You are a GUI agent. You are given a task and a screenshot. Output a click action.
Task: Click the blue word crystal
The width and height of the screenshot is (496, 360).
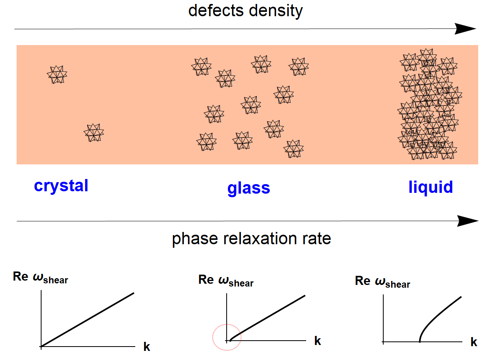coord(61,185)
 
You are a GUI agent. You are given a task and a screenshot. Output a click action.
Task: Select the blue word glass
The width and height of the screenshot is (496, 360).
coord(248,188)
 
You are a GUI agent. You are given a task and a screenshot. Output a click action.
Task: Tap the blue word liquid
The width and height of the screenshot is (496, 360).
coord(430,187)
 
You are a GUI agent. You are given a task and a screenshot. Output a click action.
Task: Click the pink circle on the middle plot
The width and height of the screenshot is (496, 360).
coord(227,337)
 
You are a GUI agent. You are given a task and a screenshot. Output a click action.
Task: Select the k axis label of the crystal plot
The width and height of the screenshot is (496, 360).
coord(147,347)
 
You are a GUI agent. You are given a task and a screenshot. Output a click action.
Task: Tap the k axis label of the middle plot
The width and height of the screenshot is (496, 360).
coord(317,341)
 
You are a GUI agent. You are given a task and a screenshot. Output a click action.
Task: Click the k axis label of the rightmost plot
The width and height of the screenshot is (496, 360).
coord(474,342)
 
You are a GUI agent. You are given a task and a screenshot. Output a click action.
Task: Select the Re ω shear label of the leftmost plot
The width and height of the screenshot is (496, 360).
coord(40,277)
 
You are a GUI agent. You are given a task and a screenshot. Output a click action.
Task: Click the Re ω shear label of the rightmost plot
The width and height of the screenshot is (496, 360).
coord(382,282)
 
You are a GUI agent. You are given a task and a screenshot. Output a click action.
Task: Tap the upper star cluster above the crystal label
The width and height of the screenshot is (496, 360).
coord(57,74)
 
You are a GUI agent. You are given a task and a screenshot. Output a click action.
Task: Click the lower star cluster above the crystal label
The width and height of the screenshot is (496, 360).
coord(94,132)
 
